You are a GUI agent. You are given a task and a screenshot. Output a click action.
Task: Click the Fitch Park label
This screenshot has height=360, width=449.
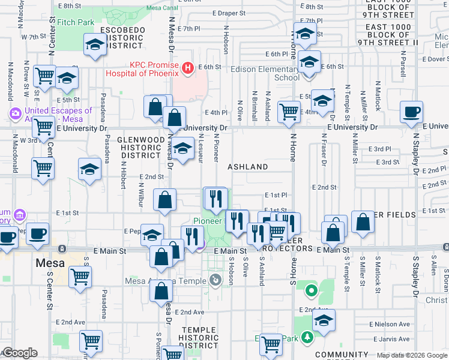77,22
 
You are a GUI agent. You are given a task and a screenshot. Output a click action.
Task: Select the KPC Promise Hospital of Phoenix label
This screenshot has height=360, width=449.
142,69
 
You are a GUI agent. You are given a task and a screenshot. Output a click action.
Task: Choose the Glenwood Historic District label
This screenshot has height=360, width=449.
140,147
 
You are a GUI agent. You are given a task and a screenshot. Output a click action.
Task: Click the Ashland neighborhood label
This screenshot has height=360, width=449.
247,166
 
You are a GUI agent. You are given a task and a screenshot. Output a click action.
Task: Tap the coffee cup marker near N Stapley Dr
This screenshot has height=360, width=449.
412,112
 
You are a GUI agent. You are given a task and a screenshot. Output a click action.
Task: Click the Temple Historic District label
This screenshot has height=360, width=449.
203,337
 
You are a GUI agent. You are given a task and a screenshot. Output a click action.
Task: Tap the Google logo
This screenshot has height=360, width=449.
19,353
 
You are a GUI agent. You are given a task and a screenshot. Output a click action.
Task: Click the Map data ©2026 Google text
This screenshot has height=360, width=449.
411,355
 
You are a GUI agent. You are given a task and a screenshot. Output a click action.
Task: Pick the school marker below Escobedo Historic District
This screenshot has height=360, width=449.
95,46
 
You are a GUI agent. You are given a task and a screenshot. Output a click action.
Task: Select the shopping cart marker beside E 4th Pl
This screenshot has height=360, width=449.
289,111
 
